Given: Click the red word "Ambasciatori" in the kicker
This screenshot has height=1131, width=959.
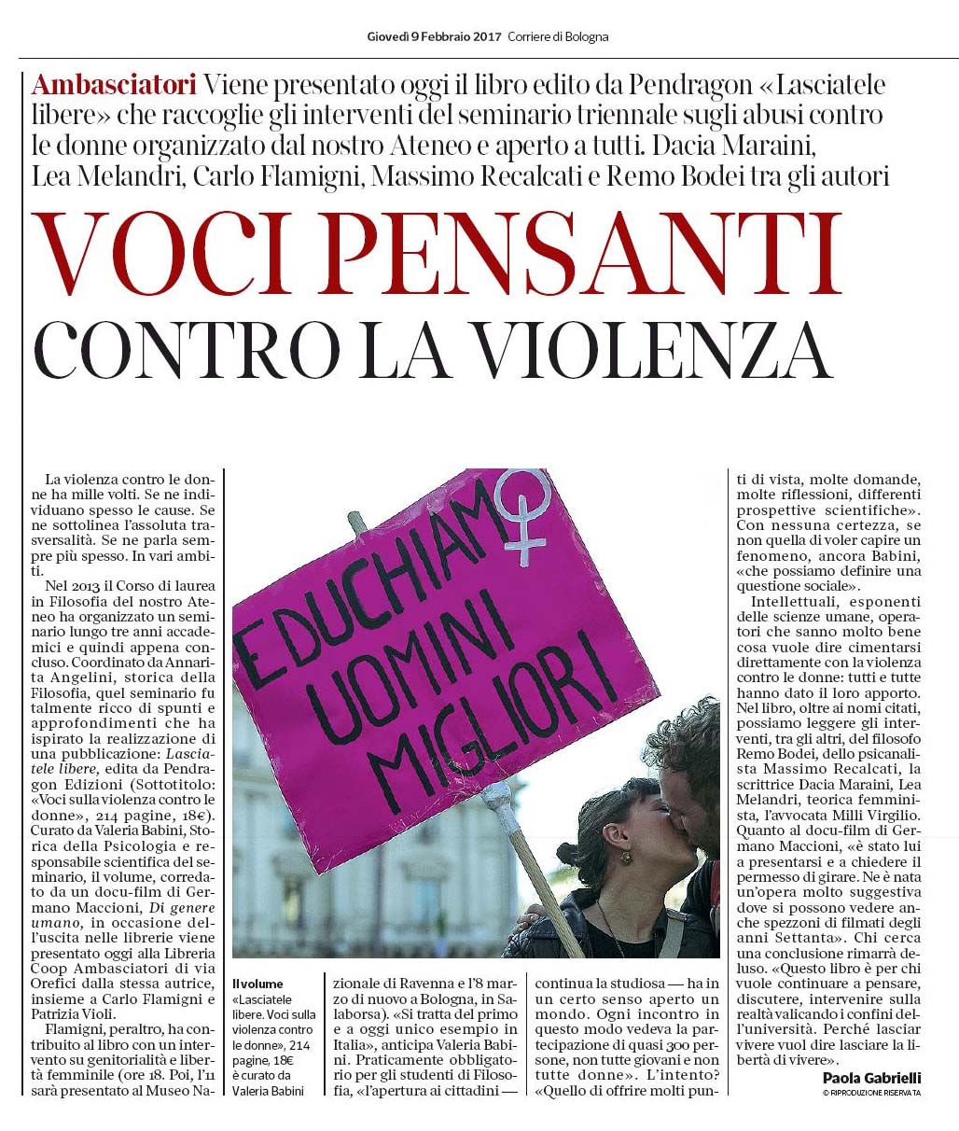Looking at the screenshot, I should [113, 85].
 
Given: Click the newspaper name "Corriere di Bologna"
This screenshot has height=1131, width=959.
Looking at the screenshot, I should [558, 37].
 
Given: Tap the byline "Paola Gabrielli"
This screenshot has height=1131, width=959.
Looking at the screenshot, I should [871, 1078].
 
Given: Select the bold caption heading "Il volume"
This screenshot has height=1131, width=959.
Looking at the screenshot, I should [257, 984].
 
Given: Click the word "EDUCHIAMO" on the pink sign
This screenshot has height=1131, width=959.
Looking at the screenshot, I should [364, 579].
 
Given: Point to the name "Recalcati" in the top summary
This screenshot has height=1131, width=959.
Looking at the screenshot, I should [530, 175].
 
